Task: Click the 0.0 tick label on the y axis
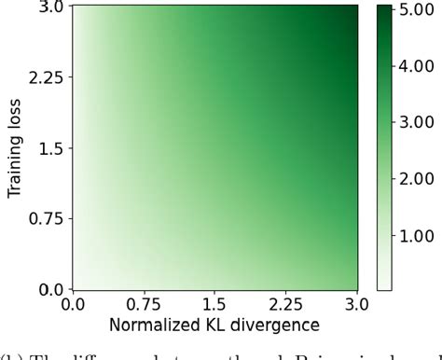click(x=51, y=289)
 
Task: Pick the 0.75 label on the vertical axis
click(x=47, y=218)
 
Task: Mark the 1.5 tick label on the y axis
click(x=51, y=147)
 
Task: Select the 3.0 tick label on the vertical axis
click(x=51, y=7)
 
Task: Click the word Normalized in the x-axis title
click(x=154, y=325)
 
